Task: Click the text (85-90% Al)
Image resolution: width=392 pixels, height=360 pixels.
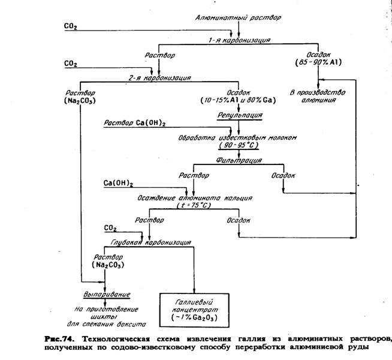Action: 318,62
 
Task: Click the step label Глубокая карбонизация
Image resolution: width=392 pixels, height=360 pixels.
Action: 151,243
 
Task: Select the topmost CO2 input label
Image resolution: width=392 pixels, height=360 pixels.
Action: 71,26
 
